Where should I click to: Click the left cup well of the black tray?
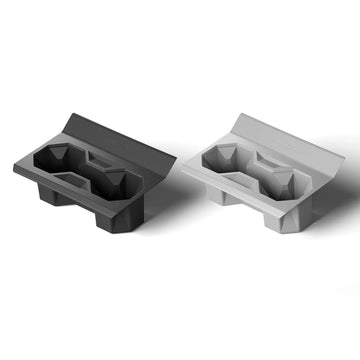[54, 158]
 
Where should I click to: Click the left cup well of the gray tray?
[222, 156]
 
